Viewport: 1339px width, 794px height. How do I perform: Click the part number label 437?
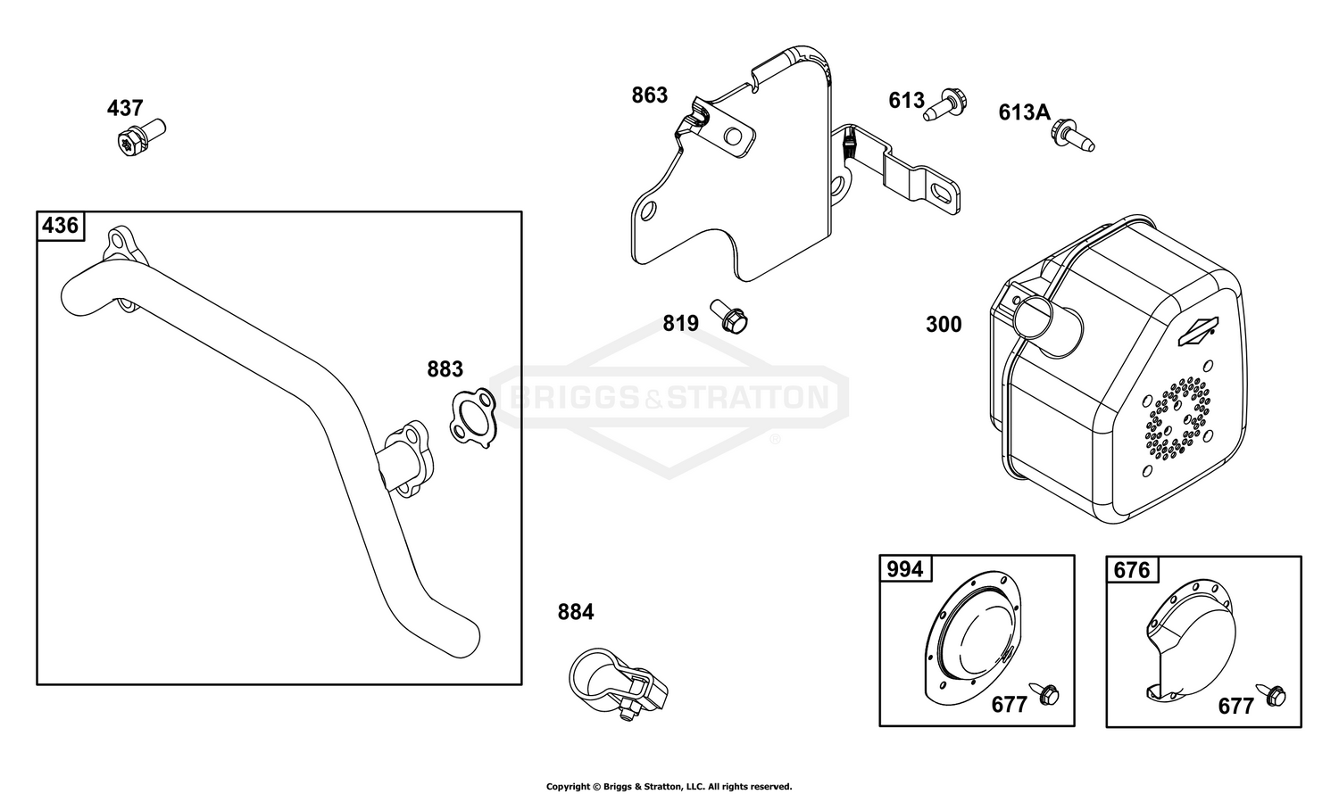pyautogui.click(x=125, y=108)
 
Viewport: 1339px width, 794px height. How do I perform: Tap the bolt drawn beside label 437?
pyautogui.click(x=142, y=137)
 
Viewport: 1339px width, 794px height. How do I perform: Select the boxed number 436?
pyautogui.click(x=61, y=225)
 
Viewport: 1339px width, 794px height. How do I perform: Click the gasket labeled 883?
pyautogui.click(x=473, y=418)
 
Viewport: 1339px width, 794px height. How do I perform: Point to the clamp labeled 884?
pyautogui.click(x=618, y=684)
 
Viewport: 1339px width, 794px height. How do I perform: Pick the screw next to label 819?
pyautogui.click(x=730, y=316)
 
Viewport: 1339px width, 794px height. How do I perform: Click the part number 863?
pyautogui.click(x=649, y=95)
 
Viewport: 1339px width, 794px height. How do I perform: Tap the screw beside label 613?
pyautogui.click(x=945, y=105)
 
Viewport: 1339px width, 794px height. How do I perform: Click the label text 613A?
pyautogui.click(x=1024, y=112)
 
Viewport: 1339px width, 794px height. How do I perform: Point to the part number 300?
pyautogui.click(x=944, y=325)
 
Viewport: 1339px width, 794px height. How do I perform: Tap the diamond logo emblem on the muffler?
pyautogui.click(x=1198, y=332)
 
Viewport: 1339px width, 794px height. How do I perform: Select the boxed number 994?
pyautogui.click(x=904, y=569)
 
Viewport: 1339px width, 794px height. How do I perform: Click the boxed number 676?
pyautogui.click(x=1132, y=570)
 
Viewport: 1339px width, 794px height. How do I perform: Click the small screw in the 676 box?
pyautogui.click(x=1271, y=694)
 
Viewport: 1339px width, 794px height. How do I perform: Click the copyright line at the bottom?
pyautogui.click(x=669, y=786)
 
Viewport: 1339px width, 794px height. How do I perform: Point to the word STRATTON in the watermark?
pyautogui.click(x=747, y=397)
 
